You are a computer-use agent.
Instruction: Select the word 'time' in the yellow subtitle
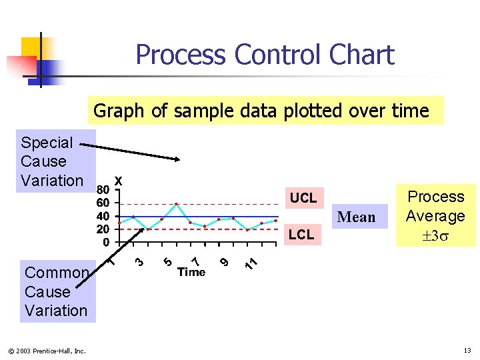[410, 111]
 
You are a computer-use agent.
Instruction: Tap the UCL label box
[303, 198]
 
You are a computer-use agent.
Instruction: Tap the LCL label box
[301, 234]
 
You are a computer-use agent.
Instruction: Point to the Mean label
[357, 217]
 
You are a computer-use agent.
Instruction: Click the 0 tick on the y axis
[106, 242]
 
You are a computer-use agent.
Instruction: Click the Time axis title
[191, 272]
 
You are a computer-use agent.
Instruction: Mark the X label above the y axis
[118, 181]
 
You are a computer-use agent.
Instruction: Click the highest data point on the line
[176, 204]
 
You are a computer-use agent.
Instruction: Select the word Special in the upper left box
[47, 143]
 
